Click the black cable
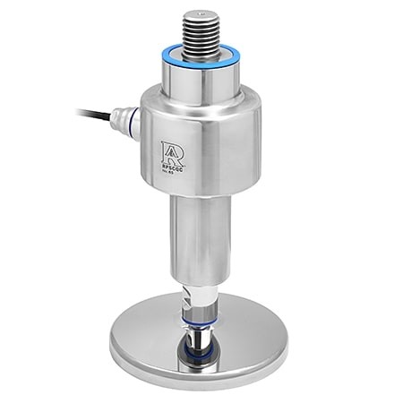point(99,115)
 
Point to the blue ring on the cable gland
point(135,124)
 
